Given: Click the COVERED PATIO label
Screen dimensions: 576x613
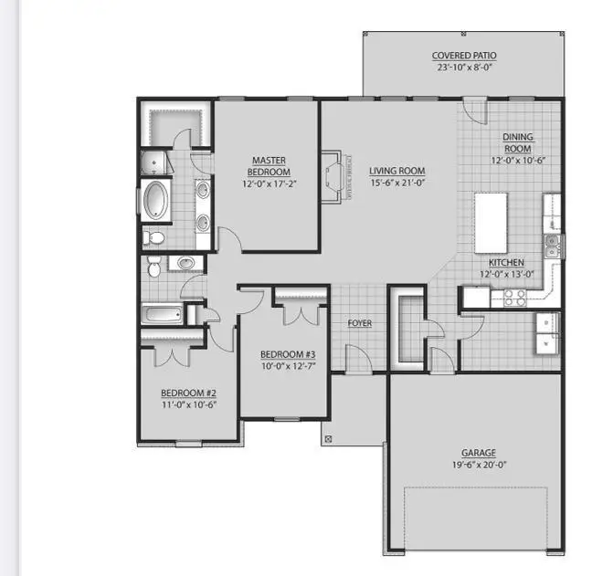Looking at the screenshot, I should [x=465, y=56].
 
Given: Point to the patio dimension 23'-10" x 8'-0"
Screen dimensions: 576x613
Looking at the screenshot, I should [x=465, y=67].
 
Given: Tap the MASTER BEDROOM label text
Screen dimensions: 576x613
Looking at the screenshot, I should [x=270, y=166].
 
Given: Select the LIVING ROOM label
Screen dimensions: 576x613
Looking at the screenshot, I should [x=396, y=171].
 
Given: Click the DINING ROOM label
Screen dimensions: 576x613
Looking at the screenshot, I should [x=517, y=143].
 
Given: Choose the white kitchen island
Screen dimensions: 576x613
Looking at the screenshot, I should [x=491, y=223].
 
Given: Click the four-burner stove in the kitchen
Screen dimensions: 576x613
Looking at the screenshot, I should [x=513, y=297].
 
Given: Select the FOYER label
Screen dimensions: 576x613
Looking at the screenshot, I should [x=359, y=323].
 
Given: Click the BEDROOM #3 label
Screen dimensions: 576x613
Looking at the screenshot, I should [x=287, y=354].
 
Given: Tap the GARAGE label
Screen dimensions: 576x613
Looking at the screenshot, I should [x=478, y=453].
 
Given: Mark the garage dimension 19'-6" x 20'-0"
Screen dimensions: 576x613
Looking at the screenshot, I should [x=478, y=465].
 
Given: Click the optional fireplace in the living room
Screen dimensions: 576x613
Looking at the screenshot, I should [x=333, y=174].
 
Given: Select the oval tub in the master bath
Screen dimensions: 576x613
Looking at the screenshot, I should [x=157, y=200].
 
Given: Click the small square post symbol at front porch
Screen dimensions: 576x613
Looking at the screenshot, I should [x=329, y=438].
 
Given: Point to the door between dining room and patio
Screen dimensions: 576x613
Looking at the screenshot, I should [x=473, y=110].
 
